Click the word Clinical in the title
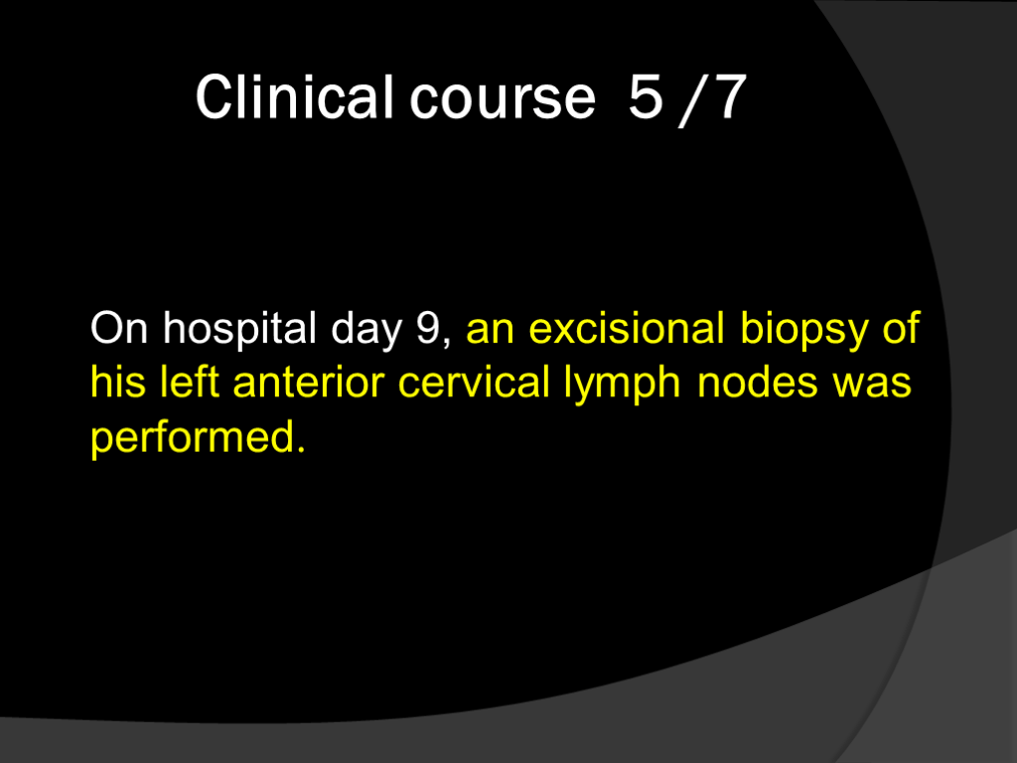click(x=294, y=96)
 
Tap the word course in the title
click(x=503, y=100)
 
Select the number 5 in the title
click(x=646, y=96)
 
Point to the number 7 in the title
click(x=730, y=96)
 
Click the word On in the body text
click(x=119, y=328)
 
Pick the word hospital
click(x=239, y=330)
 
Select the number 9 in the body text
click(x=429, y=328)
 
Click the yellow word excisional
click(x=627, y=328)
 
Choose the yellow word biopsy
click(x=803, y=330)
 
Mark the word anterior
click(x=309, y=381)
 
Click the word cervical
click(x=474, y=381)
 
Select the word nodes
click(x=758, y=381)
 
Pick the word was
click(x=872, y=384)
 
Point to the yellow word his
click(x=118, y=381)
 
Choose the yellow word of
click(x=901, y=328)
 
